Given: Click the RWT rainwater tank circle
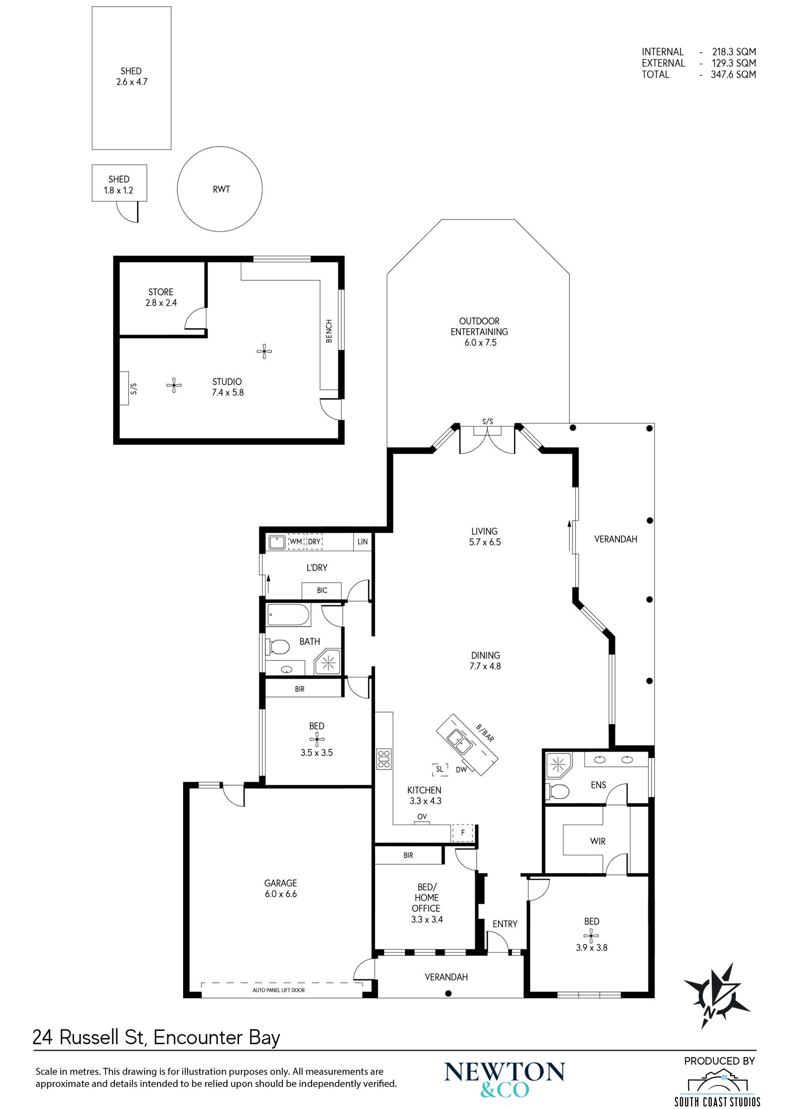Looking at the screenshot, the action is (177, 189).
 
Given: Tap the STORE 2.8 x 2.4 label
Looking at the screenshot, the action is (161, 297).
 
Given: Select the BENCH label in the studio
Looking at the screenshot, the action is (329, 331).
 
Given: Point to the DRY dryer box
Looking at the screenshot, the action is (314, 542).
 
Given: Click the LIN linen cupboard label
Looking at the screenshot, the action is (362, 542).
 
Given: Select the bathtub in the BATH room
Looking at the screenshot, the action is (288, 615).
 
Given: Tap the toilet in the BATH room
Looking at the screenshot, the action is (278, 647).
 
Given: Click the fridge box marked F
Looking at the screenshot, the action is (463, 833).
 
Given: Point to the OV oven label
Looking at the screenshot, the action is (422, 817).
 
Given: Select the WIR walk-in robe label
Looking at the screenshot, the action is (597, 842).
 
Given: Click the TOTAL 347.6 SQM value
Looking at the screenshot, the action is (733, 75).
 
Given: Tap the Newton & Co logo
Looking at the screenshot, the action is (504, 1080).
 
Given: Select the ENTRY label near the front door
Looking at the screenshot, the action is (505, 924).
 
